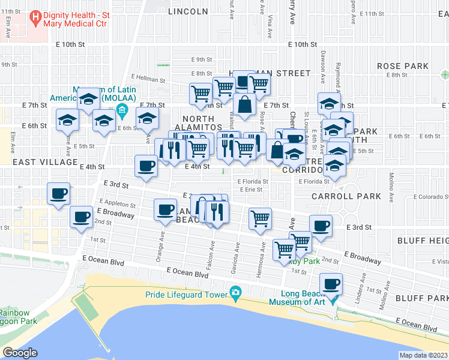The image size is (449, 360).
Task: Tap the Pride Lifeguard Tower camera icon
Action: [236, 293]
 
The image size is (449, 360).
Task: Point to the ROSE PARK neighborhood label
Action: [402, 66]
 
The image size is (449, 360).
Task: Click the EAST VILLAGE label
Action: [46, 162]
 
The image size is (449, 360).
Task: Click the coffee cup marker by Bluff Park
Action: [330, 283]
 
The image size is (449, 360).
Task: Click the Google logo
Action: [20, 353]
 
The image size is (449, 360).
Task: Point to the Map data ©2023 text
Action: [423, 355]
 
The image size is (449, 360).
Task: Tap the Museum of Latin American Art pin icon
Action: [122, 110]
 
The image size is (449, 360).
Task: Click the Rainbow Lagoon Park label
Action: [18, 316]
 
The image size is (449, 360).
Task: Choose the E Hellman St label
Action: [148, 78]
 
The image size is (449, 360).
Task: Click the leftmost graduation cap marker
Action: [67, 119]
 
